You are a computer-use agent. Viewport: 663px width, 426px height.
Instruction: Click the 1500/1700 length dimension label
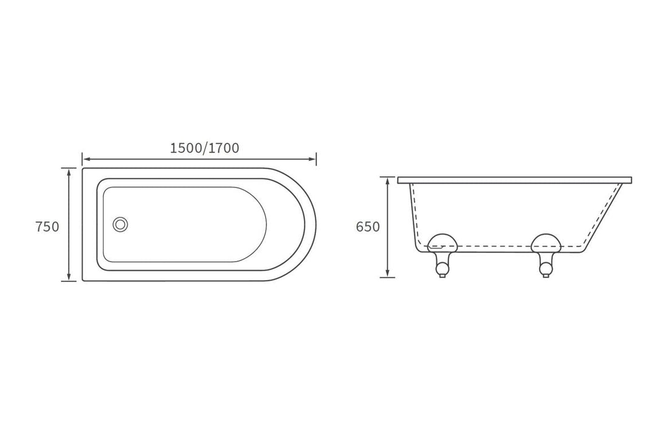tap(204, 148)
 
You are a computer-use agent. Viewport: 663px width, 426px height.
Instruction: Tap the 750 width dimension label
tap(47, 227)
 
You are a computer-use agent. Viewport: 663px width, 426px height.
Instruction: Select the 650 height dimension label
tap(368, 227)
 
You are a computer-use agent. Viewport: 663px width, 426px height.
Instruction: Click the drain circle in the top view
tap(120, 224)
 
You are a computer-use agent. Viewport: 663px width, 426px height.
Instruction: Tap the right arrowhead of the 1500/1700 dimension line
tap(313, 159)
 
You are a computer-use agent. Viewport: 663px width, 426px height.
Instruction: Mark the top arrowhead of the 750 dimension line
tap(69, 171)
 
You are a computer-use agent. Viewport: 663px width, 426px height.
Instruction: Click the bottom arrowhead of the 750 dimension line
tap(69, 278)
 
